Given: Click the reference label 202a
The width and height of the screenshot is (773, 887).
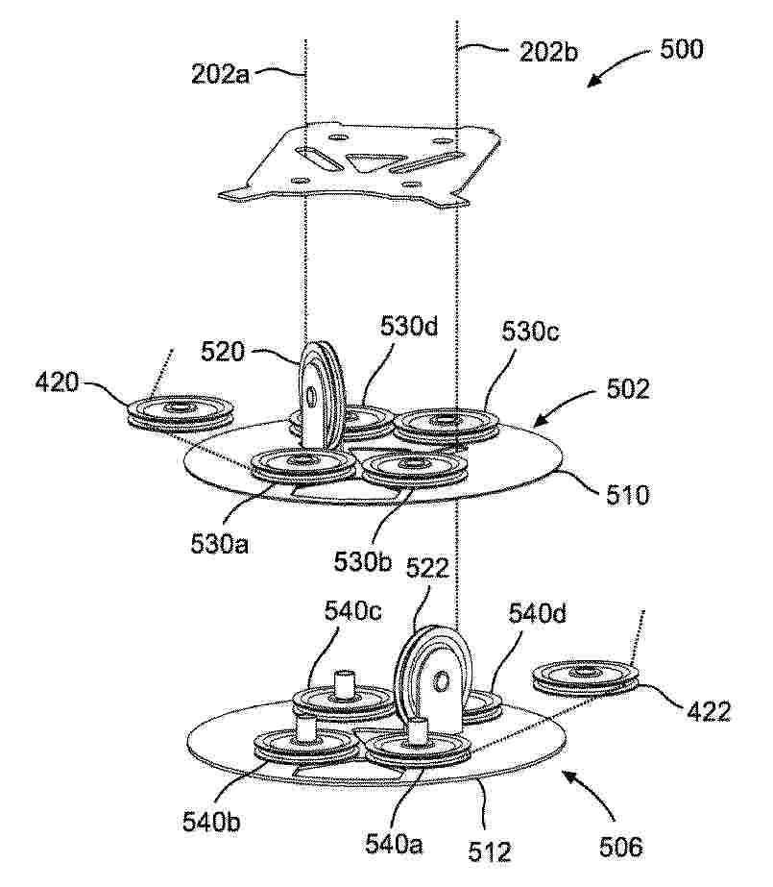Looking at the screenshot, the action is (x=220, y=74).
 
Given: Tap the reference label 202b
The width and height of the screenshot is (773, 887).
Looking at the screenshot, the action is (x=548, y=53).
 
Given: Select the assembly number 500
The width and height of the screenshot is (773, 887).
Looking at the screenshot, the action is (x=682, y=49).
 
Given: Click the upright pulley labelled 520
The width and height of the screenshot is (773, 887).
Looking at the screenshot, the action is (x=321, y=396).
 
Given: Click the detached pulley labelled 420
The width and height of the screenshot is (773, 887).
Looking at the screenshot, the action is (x=181, y=413).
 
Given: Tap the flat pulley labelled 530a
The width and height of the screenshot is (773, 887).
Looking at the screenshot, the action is (x=302, y=465).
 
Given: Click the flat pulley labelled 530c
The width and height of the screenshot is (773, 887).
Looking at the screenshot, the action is (x=447, y=425).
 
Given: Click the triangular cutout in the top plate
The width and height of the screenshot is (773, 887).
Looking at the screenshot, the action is (x=373, y=162).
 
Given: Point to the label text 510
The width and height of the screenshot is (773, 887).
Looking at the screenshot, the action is (x=627, y=496).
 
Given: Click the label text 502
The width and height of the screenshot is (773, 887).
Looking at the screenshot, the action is (x=628, y=389).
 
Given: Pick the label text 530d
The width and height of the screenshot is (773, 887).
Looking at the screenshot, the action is (x=409, y=327).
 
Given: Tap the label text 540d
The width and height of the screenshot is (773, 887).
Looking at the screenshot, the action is (x=538, y=613).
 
